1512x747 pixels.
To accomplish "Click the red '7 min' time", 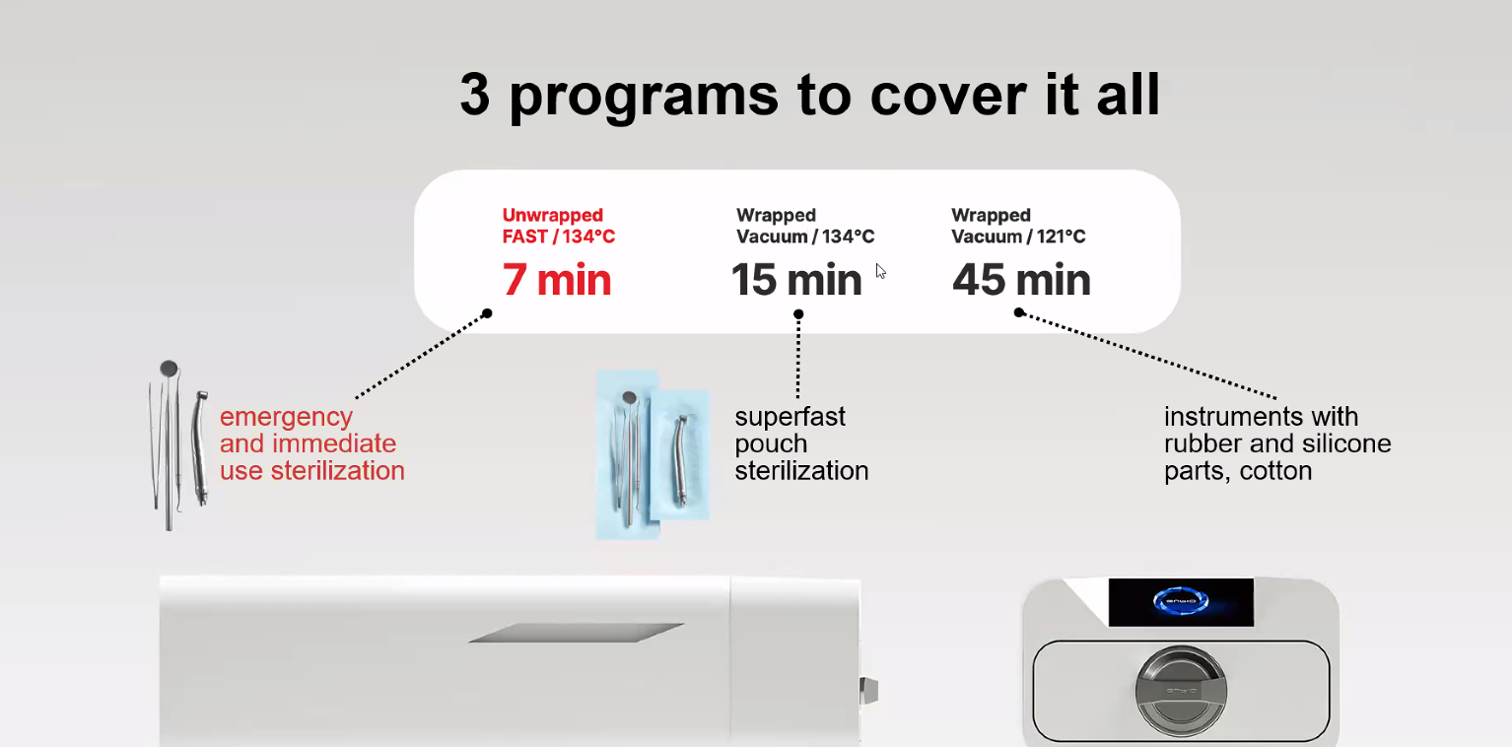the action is point(557,279).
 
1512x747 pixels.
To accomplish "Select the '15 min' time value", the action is point(796,279).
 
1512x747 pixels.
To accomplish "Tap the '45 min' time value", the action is point(1021,279).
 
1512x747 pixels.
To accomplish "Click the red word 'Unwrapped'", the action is point(553,215).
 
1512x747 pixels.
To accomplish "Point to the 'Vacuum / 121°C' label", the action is point(1018,237).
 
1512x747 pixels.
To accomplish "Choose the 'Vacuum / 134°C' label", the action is point(805,237).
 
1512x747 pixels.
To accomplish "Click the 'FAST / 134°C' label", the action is point(559,237).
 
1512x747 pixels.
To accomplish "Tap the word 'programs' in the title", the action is point(644,97).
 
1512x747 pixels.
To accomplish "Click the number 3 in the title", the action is point(474,94).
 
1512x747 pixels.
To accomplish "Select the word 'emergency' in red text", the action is point(286,418).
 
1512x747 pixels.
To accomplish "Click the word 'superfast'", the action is point(790,416).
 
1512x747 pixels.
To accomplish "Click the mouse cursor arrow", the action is point(880,271).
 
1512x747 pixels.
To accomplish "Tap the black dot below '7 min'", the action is point(487,313).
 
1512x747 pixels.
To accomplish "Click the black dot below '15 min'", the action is point(798,313).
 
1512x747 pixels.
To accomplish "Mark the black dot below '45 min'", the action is point(1019,312).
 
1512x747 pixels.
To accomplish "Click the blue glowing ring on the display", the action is point(1181,600).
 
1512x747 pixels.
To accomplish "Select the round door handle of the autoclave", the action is point(1181,690).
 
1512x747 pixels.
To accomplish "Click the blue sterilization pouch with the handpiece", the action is point(680,454).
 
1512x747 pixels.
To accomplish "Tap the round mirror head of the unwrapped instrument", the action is point(169,369).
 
